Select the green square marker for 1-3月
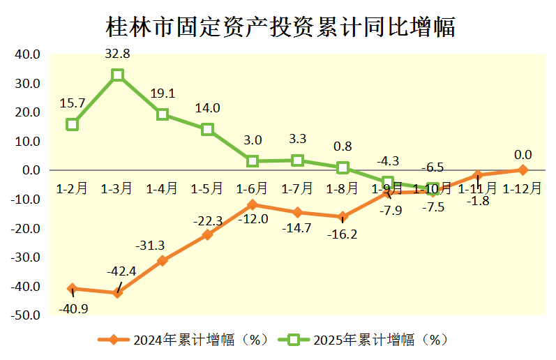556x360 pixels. (x=118, y=75)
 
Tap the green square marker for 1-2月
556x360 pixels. (x=73, y=124)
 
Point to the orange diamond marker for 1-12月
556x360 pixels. (x=523, y=170)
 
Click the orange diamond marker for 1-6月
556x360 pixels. (x=253, y=204)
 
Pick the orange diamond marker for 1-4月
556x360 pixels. (x=163, y=260)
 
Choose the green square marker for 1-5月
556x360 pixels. (x=207, y=129)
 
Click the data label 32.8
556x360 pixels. (x=117, y=53)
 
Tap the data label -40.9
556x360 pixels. (x=73, y=308)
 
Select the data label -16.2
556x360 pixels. (x=343, y=234)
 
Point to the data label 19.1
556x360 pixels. (x=163, y=93)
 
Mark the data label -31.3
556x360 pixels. (x=150, y=245)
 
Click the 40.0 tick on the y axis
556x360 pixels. (x=29, y=54)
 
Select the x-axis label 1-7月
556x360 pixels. (x=296, y=188)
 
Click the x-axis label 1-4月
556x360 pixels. (x=162, y=188)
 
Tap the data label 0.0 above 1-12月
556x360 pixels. (x=523, y=154)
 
